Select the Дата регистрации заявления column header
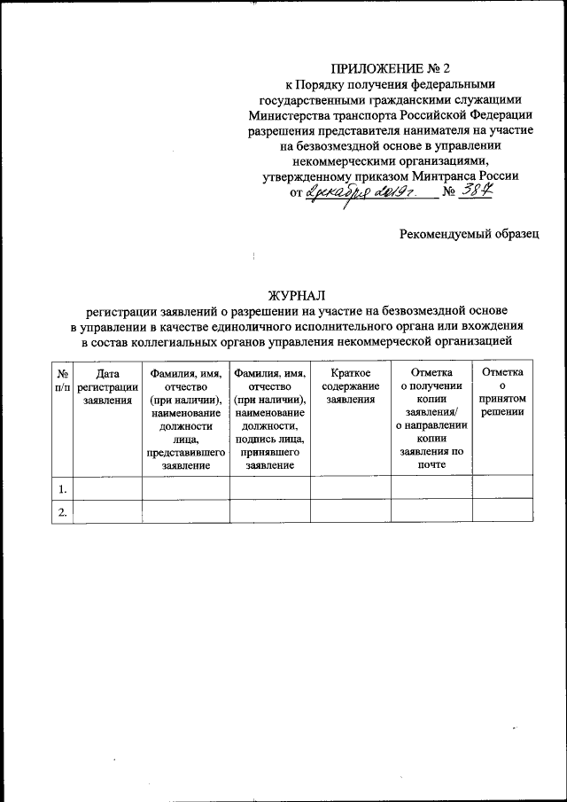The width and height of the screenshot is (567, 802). click(106, 387)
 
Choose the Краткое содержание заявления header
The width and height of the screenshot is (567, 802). click(350, 387)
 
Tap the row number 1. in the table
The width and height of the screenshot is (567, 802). click(62, 487)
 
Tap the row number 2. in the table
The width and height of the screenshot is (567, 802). click(62, 510)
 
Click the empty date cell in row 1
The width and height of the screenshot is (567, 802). click(106, 487)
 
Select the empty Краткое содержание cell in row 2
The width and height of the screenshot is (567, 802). click(350, 510)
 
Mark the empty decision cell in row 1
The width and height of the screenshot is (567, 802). click(502, 487)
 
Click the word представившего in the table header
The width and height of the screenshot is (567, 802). click(185, 453)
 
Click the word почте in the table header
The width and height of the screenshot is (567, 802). click(431, 464)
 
